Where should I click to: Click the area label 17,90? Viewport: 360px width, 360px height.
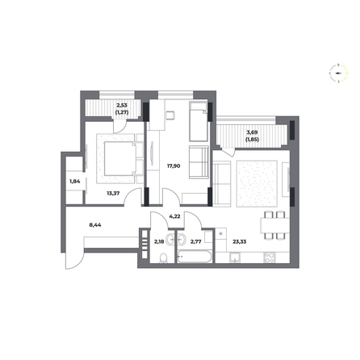point(174,166)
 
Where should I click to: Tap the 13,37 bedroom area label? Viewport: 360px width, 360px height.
point(113,193)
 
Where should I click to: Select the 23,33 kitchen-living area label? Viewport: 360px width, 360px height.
point(240,241)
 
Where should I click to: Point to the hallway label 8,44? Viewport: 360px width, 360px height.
point(95,225)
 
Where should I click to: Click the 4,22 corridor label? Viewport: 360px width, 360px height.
point(174,216)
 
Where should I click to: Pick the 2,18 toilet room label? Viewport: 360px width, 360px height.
point(159,241)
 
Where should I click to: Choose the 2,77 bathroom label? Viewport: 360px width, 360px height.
point(195,241)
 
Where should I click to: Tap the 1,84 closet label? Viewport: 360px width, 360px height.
point(75,182)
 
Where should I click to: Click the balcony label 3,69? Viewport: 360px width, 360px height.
point(252,132)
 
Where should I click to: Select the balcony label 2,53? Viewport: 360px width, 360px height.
point(122,106)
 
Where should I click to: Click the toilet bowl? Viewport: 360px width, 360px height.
point(163,257)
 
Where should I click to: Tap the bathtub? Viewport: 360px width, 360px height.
point(195,257)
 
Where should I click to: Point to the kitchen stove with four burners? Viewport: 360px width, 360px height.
point(270,257)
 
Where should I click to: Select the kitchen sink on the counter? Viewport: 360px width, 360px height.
point(235,257)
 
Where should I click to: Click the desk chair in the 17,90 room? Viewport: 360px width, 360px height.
point(170,115)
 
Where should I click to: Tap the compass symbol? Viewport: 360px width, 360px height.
point(338,73)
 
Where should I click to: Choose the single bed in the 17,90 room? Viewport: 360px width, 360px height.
point(199,121)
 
